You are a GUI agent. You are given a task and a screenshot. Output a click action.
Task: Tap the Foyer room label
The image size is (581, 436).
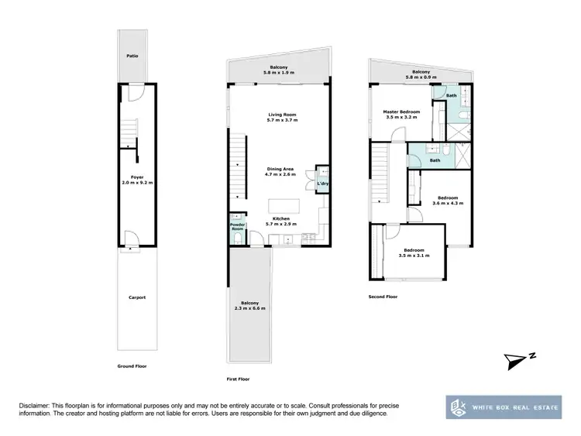pos(137,180)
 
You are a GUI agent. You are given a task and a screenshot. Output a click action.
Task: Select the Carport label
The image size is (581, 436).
pos(137,297)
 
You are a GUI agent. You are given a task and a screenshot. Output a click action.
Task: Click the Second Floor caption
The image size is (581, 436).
pos(382,297)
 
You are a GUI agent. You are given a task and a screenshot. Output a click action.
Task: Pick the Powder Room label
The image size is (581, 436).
pos(237,228)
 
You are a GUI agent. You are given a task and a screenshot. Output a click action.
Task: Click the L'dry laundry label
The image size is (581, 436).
pos(322,184)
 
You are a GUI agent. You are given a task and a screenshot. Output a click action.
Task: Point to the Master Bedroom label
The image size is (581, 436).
pos(402,114)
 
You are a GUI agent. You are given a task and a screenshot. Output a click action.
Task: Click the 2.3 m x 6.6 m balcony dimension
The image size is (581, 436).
pos(250,308)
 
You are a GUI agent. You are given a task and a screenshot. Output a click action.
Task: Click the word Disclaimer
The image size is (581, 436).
pos(33,407)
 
